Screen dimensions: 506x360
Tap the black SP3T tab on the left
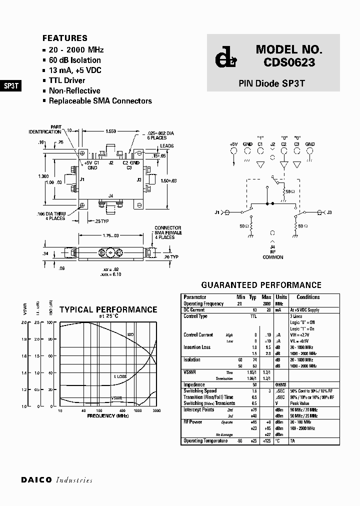click(x=11, y=85)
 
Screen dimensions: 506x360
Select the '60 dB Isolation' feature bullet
click(x=74, y=60)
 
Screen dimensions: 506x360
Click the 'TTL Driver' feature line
click(x=66, y=80)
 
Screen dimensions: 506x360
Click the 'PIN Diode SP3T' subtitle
click(x=271, y=83)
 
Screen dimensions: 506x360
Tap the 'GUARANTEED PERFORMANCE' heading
click(x=261, y=285)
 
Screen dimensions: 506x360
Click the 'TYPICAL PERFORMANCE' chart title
click(x=108, y=309)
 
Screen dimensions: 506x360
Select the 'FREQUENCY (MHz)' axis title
click(x=107, y=415)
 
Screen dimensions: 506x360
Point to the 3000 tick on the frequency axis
click(x=156, y=410)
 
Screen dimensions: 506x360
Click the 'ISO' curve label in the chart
click(x=130, y=334)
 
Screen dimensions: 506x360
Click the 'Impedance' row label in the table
click(x=194, y=385)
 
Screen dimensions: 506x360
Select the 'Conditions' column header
click(x=308, y=297)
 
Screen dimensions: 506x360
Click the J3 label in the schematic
click(x=329, y=212)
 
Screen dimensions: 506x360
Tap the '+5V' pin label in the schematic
click(x=233, y=144)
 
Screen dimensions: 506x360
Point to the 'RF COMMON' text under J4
click(x=273, y=254)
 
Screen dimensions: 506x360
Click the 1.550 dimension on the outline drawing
click(x=110, y=131)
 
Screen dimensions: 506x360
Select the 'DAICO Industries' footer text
click(x=56, y=480)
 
